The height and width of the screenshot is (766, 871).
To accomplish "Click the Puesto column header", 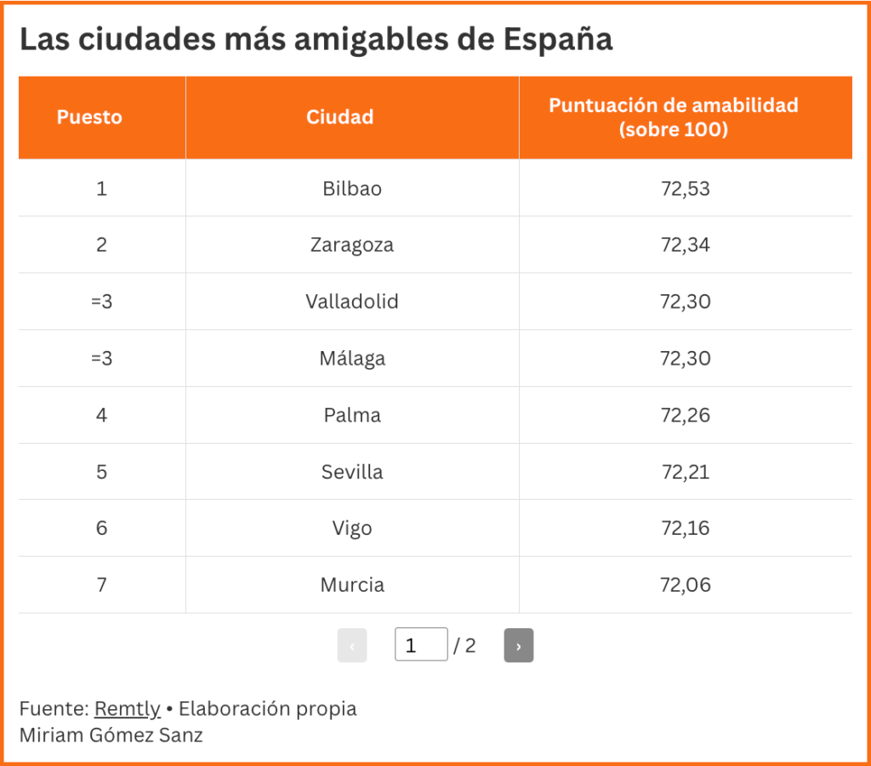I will pyautogui.click(x=89, y=117).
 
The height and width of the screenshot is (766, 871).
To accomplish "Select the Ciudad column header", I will pyautogui.click(x=339, y=117).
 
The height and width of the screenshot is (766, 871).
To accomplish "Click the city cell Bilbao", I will pyautogui.click(x=352, y=189).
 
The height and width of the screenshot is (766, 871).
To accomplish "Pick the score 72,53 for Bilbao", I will pyautogui.click(x=685, y=189).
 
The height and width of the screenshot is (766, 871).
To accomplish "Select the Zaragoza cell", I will pyautogui.click(x=352, y=246).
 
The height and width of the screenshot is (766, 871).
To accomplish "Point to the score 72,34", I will pyautogui.click(x=685, y=246).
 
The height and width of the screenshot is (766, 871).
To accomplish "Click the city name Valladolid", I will pyautogui.click(x=352, y=302).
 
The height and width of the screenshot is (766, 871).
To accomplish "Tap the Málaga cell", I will pyautogui.click(x=352, y=359).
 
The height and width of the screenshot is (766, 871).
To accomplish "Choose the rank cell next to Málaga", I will pyautogui.click(x=101, y=359).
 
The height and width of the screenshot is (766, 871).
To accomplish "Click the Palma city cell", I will pyautogui.click(x=352, y=416).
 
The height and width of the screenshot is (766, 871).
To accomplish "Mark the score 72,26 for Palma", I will pyautogui.click(x=685, y=416).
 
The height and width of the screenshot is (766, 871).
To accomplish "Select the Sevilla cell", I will pyautogui.click(x=352, y=472).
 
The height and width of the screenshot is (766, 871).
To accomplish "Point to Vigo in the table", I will pyautogui.click(x=352, y=529).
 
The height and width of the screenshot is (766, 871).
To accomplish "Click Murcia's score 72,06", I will pyautogui.click(x=685, y=585).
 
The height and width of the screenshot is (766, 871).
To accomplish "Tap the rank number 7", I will pyautogui.click(x=101, y=585).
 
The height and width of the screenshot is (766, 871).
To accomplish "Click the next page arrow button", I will pyautogui.click(x=518, y=646).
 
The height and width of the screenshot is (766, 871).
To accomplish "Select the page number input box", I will pyautogui.click(x=420, y=645).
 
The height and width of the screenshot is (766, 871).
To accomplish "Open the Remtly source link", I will pyautogui.click(x=128, y=709).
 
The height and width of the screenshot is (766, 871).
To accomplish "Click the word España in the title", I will pyautogui.click(x=557, y=40).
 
